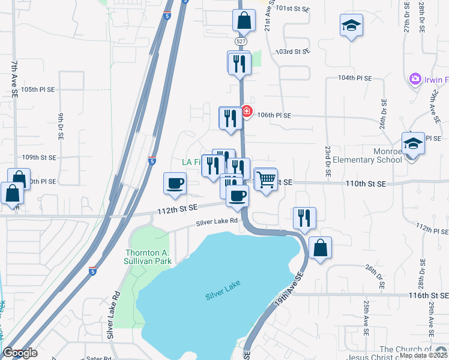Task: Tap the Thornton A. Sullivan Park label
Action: tap(148, 256)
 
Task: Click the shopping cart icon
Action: tap(265, 179)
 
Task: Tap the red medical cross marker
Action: tap(246, 111)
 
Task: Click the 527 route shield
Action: tap(241, 41)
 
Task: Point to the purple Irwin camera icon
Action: tap(414, 79)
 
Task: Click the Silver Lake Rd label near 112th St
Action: tap(217, 223)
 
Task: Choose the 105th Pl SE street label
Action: tap(38, 89)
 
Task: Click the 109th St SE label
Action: tap(39, 157)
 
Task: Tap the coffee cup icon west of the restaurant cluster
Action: tap(175, 183)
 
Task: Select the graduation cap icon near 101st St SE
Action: tap(351, 25)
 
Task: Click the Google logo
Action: tap(20, 353)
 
